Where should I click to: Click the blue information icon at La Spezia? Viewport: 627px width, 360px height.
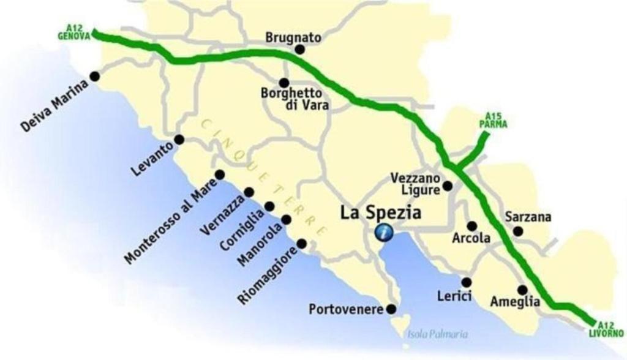[x=384, y=233]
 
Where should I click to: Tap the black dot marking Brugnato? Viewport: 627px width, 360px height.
[x=299, y=50]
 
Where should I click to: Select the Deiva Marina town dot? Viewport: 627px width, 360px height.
[x=95, y=76]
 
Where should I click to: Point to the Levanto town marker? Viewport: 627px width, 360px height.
[x=179, y=140]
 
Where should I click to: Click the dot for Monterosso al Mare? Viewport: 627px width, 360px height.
[x=220, y=175]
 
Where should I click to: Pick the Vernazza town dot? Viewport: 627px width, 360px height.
[x=249, y=192]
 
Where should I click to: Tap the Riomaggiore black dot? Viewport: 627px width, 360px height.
[x=301, y=244]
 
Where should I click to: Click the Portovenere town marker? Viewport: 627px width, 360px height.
[x=391, y=309]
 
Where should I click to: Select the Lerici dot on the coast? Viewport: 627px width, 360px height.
[x=466, y=282]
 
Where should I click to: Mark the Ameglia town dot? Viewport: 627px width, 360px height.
[x=522, y=290]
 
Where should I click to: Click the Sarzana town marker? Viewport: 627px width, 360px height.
[x=518, y=231]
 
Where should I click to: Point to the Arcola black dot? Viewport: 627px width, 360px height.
[x=471, y=226]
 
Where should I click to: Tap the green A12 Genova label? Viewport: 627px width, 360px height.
[x=74, y=32]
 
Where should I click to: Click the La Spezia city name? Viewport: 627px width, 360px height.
[x=381, y=213]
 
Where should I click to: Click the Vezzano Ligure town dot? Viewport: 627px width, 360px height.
[x=448, y=186]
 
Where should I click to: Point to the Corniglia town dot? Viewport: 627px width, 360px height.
[x=269, y=206]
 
